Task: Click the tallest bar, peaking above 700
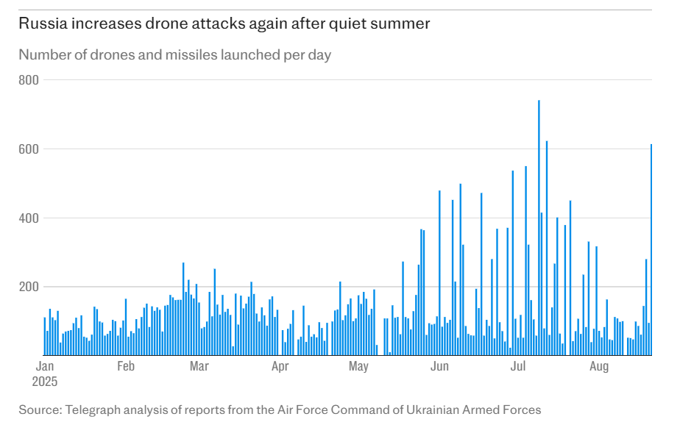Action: point(539,228)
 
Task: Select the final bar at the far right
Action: point(651,250)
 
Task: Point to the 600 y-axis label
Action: point(28,149)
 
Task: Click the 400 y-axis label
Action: point(28,218)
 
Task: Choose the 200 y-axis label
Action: point(28,287)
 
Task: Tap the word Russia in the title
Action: point(41,24)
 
